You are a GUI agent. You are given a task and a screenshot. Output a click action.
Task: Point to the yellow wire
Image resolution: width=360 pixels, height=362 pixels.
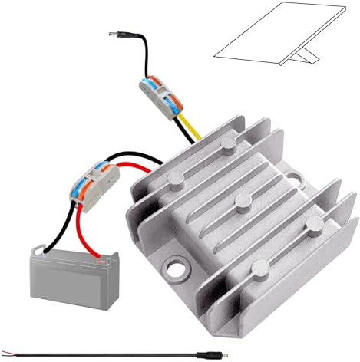[190, 126]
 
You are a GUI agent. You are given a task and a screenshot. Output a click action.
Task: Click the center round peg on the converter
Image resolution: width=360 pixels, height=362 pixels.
[243, 202]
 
